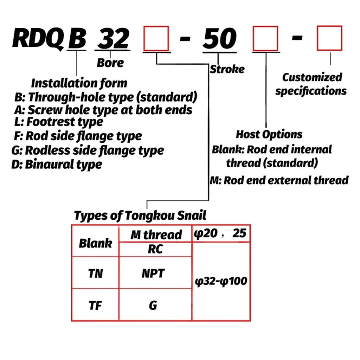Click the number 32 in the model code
[113, 38]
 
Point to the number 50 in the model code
[220, 38]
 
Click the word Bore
[110, 63]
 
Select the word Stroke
[227, 69]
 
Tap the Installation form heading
[79, 83]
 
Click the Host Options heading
[269, 135]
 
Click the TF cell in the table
[95, 305]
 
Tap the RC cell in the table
[155, 249]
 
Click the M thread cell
[155, 234]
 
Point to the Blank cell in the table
[95, 241]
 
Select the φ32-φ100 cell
[221, 281]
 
